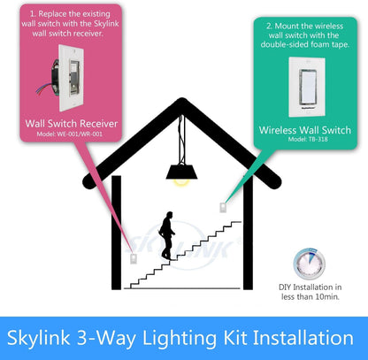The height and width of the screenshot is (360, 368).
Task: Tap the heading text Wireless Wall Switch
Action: tap(304, 130)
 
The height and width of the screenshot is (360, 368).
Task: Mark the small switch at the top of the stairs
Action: tap(221, 207)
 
